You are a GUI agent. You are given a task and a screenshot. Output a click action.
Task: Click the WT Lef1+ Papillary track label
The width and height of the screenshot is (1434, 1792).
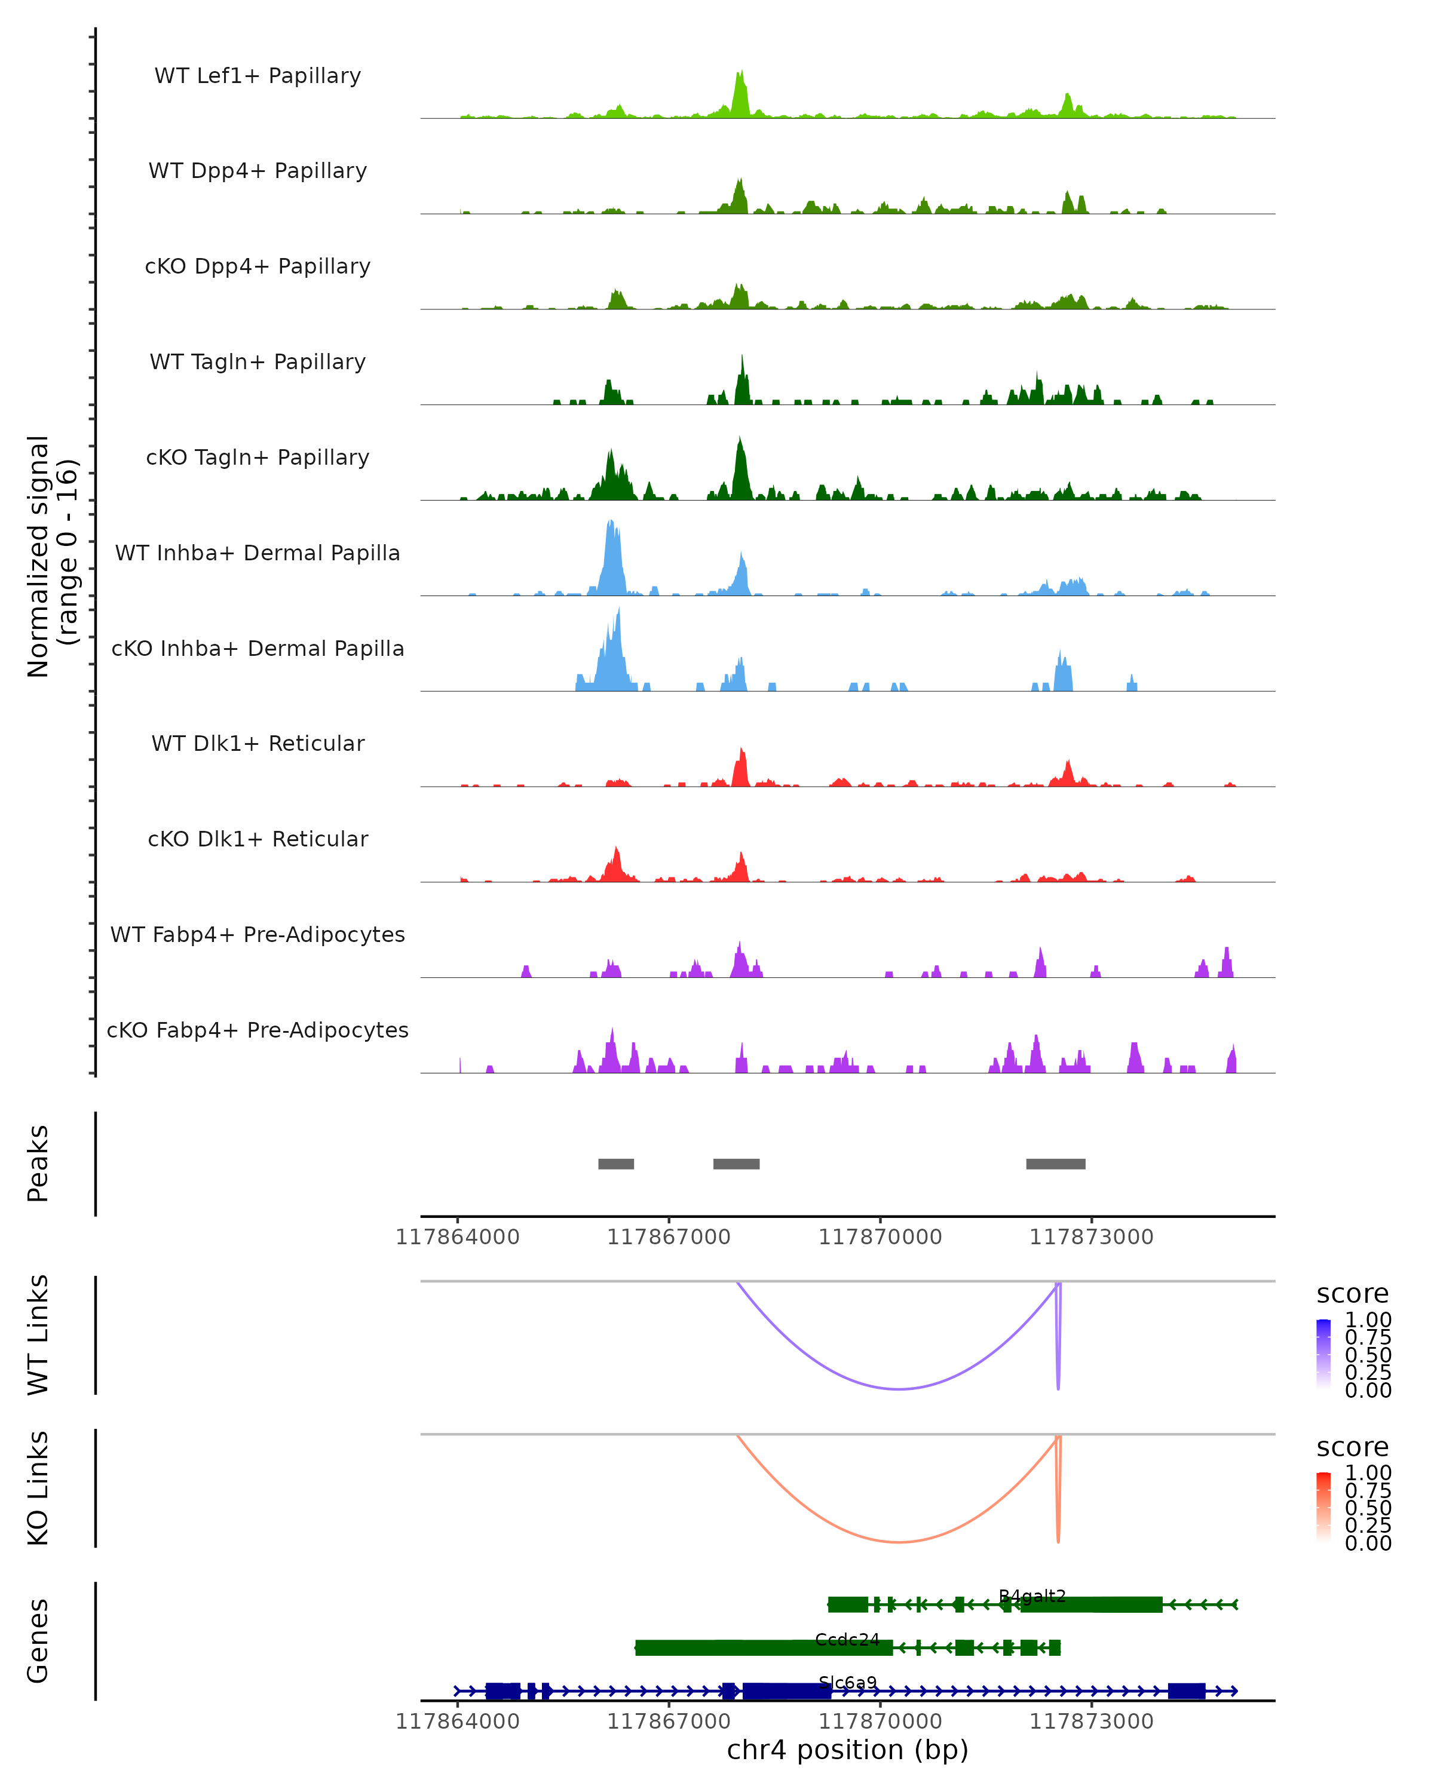point(258,76)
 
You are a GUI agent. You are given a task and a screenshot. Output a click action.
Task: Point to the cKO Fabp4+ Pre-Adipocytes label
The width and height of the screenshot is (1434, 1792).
point(258,1030)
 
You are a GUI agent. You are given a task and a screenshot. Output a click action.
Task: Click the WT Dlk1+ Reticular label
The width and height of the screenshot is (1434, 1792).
point(258,743)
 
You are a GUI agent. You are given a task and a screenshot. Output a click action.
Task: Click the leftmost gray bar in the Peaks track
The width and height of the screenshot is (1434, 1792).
point(616,1164)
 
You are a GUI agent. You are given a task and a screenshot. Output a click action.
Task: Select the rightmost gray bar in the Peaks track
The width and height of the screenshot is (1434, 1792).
point(1056,1164)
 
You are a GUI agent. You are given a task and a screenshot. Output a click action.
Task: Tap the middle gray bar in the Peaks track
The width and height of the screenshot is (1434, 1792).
point(737,1164)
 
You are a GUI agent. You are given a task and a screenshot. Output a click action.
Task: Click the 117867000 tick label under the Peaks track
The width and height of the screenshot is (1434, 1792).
point(669,1237)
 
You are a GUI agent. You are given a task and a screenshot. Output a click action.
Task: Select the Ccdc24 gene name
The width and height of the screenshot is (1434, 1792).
point(847,1639)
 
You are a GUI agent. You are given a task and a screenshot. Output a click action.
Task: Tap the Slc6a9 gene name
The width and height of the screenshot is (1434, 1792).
point(848,1682)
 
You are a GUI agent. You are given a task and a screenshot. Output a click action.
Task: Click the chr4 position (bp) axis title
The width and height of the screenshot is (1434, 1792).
point(847,1750)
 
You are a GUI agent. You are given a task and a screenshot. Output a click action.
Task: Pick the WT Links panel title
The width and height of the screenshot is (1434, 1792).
point(38,1335)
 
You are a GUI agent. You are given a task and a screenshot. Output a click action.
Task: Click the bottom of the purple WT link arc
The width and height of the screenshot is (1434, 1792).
point(899,1389)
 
